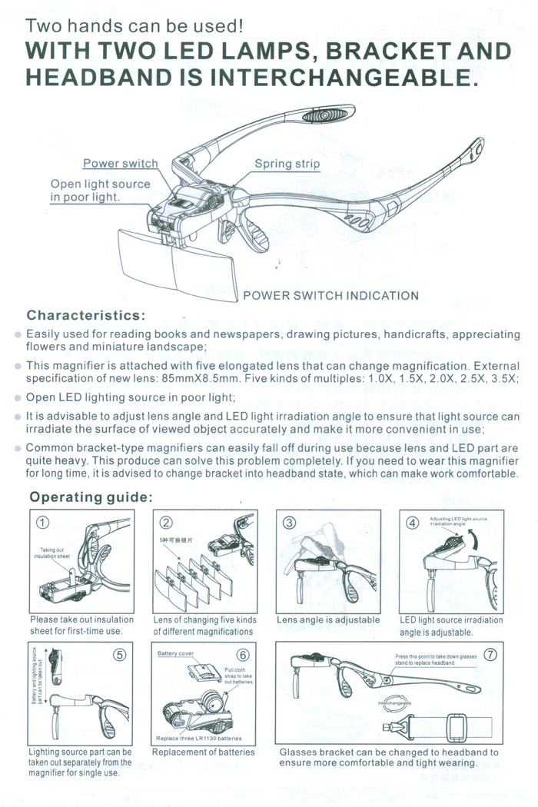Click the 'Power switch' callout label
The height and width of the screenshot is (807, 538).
[x=120, y=164]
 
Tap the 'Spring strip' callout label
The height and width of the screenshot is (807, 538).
[x=287, y=164]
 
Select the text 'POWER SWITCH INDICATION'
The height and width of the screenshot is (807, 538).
[x=330, y=296]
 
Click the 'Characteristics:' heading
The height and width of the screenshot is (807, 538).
[x=85, y=316]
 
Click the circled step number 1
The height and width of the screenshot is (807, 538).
[x=43, y=523]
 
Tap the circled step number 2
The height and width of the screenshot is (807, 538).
[x=166, y=523]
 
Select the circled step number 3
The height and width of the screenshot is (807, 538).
[x=289, y=523]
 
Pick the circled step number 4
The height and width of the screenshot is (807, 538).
[x=412, y=523]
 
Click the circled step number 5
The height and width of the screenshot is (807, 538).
[x=120, y=655]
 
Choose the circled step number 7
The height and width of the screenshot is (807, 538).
[x=490, y=655]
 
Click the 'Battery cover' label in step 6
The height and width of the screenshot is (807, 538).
[x=175, y=653]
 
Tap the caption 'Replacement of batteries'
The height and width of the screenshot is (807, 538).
[x=203, y=752]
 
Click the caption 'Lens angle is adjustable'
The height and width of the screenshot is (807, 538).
[x=328, y=619]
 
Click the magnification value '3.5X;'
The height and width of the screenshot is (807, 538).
[x=503, y=379]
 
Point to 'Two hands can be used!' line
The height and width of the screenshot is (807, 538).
[x=135, y=25]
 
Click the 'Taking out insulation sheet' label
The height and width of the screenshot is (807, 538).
[x=55, y=553]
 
